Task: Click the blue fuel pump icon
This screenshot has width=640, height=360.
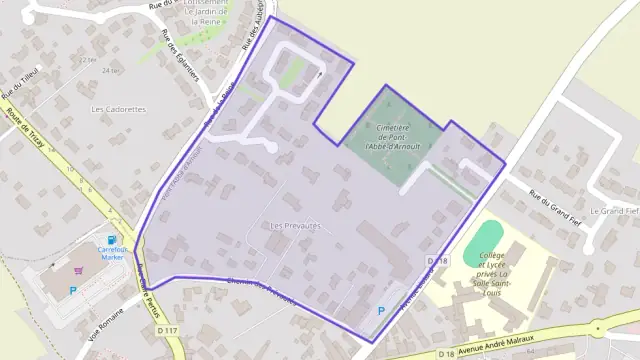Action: click(111, 240)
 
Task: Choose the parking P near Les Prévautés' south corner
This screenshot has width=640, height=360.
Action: click(380, 310)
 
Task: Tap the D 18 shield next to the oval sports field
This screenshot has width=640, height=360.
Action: click(433, 261)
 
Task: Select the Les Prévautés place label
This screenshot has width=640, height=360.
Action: click(295, 226)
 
